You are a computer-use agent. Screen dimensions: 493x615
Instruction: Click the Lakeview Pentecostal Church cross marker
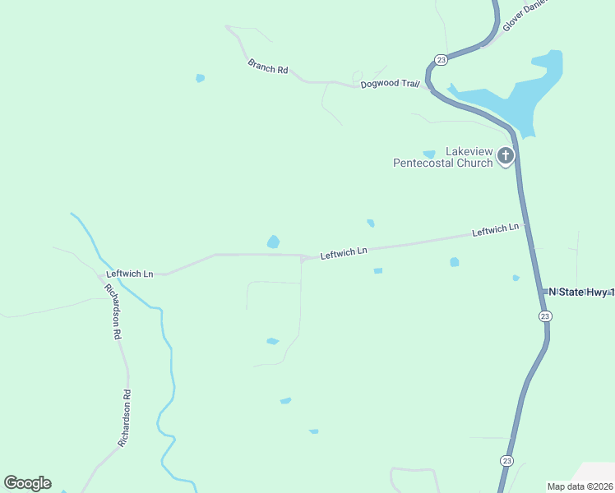coord(505,155)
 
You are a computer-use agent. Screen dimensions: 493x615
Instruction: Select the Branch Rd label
coord(268,67)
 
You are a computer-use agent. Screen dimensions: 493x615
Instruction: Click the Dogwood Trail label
coord(390,84)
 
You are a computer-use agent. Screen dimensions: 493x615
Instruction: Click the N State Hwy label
coord(580,292)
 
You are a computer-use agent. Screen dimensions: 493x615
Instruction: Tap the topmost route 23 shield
coord(441,60)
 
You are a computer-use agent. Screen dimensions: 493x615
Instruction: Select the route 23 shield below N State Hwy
coord(544,316)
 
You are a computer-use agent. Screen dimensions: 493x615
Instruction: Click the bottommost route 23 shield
coord(507,460)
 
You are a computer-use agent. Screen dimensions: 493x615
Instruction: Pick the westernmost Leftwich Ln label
coord(129,274)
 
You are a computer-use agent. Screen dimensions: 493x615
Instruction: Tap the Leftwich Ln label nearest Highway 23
coord(495,231)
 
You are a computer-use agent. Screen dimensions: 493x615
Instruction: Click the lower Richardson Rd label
coord(125,418)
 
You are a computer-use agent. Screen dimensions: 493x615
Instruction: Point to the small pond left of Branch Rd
coord(200,78)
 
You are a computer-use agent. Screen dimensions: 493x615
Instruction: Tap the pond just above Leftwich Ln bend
coord(273,242)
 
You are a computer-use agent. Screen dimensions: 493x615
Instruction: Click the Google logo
coord(27,483)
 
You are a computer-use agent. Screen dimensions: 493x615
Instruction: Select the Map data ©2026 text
coord(580,486)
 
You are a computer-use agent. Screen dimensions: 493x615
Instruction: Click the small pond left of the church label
coord(428,154)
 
